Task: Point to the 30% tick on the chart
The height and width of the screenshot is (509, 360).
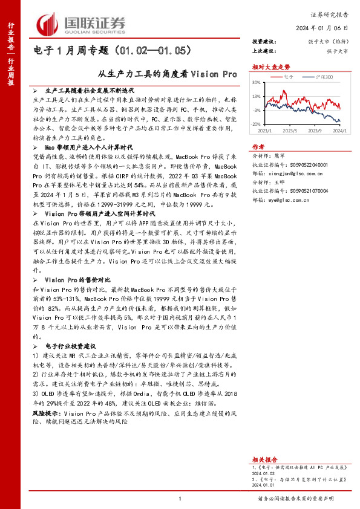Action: (x=257, y=83)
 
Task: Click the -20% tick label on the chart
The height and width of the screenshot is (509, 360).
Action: (x=257, y=123)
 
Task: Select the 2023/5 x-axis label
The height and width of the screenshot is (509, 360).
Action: (x=290, y=130)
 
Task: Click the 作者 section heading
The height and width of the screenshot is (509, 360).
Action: (x=258, y=147)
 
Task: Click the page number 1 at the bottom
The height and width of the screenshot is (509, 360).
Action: (x=180, y=498)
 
